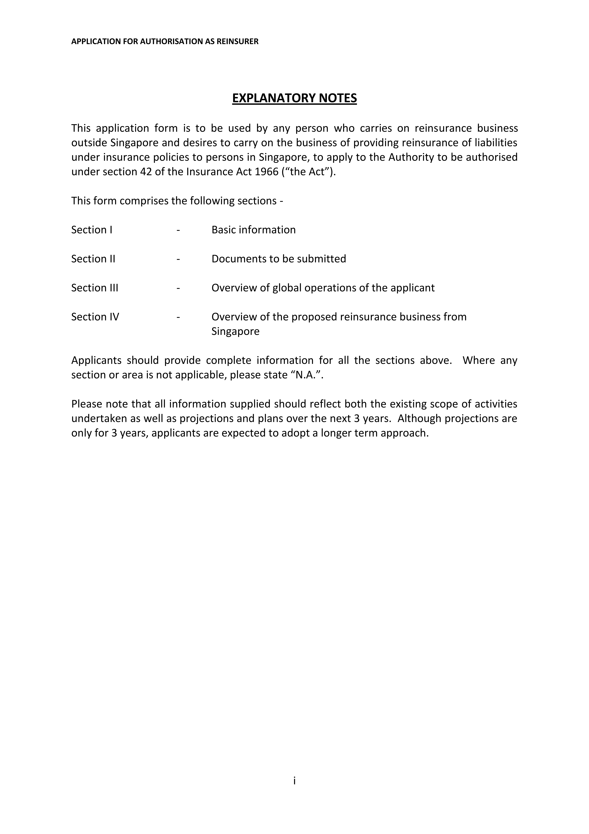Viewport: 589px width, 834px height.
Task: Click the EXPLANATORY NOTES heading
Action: pyautogui.click(x=294, y=98)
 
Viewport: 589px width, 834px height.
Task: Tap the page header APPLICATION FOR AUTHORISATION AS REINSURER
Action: pyautogui.click(x=165, y=41)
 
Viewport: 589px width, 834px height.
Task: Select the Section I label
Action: pyautogui.click(x=92, y=230)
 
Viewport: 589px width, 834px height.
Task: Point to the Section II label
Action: pyautogui.click(x=93, y=259)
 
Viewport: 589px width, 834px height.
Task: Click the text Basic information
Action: pyautogui.click(x=253, y=230)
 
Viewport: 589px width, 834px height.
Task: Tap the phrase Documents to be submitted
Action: pyautogui.click(x=279, y=259)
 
